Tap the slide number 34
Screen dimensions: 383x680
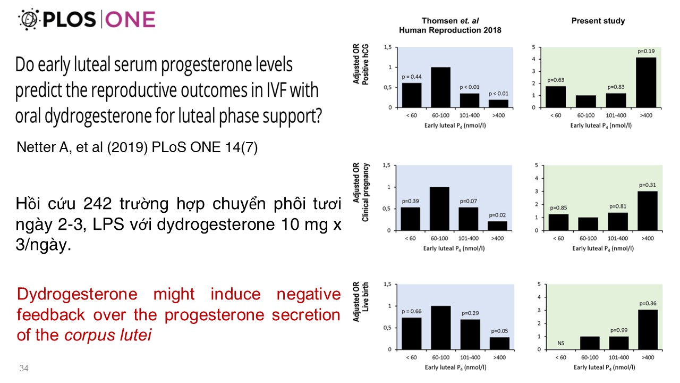click(x=24, y=368)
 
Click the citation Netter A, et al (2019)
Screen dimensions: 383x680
click(x=137, y=147)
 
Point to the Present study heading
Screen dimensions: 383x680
click(x=598, y=21)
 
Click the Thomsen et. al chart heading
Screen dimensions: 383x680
click(x=450, y=26)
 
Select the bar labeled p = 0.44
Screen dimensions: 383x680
click(x=412, y=95)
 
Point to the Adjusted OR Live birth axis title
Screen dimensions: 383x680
click(x=360, y=302)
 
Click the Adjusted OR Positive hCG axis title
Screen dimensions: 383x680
click(x=360, y=65)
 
